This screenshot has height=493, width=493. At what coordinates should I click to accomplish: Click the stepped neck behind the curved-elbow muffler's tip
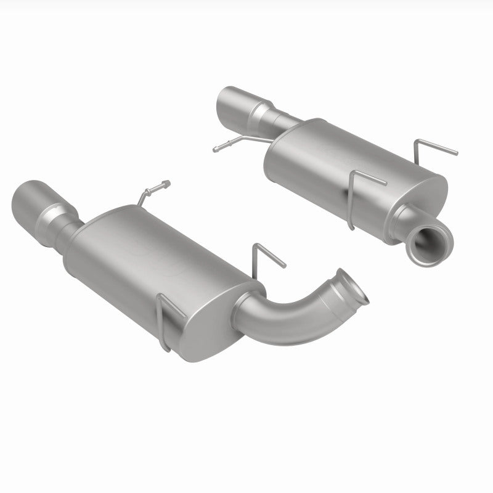(62, 228)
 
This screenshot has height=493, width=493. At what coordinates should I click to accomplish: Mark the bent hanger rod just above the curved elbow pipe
(269, 254)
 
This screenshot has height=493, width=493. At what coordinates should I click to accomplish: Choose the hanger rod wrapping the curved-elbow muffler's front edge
(165, 320)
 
